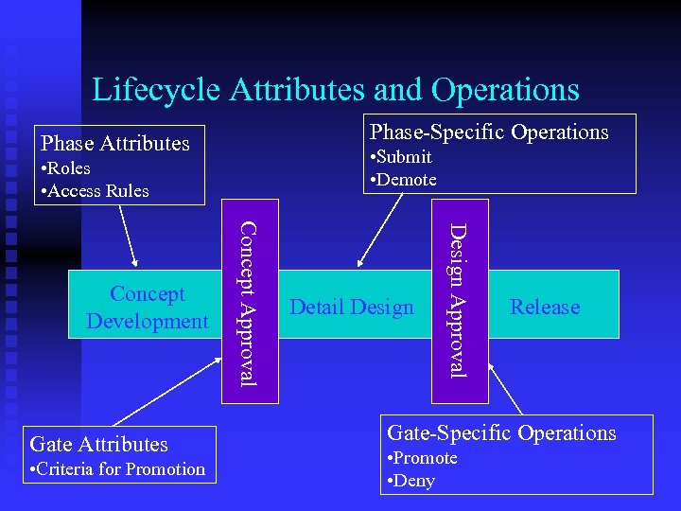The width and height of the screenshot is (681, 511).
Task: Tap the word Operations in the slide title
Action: [x=505, y=90]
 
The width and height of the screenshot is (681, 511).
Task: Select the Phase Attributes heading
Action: [x=114, y=144]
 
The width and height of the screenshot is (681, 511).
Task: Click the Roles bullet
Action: [x=66, y=168]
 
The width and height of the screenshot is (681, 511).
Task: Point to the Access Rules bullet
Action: [x=96, y=190]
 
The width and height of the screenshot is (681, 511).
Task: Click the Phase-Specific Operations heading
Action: [x=489, y=132]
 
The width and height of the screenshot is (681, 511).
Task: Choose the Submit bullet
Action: [x=402, y=157]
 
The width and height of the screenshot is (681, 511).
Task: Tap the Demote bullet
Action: [x=404, y=180]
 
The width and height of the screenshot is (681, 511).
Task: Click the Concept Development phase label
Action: [x=147, y=308]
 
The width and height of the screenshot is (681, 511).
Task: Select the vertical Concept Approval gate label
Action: [x=245, y=303]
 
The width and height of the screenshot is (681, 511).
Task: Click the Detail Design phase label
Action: [x=352, y=307]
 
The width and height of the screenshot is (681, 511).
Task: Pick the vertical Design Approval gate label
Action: [x=457, y=299]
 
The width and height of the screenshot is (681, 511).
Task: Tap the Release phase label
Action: [x=545, y=307]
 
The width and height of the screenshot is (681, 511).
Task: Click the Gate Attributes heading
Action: [x=98, y=444]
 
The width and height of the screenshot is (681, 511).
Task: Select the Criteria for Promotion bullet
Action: [x=118, y=469]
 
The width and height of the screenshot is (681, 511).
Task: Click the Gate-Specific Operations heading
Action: [x=501, y=433]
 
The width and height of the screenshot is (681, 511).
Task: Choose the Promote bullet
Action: [x=422, y=458]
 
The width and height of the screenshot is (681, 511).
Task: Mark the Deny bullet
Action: [x=411, y=481]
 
